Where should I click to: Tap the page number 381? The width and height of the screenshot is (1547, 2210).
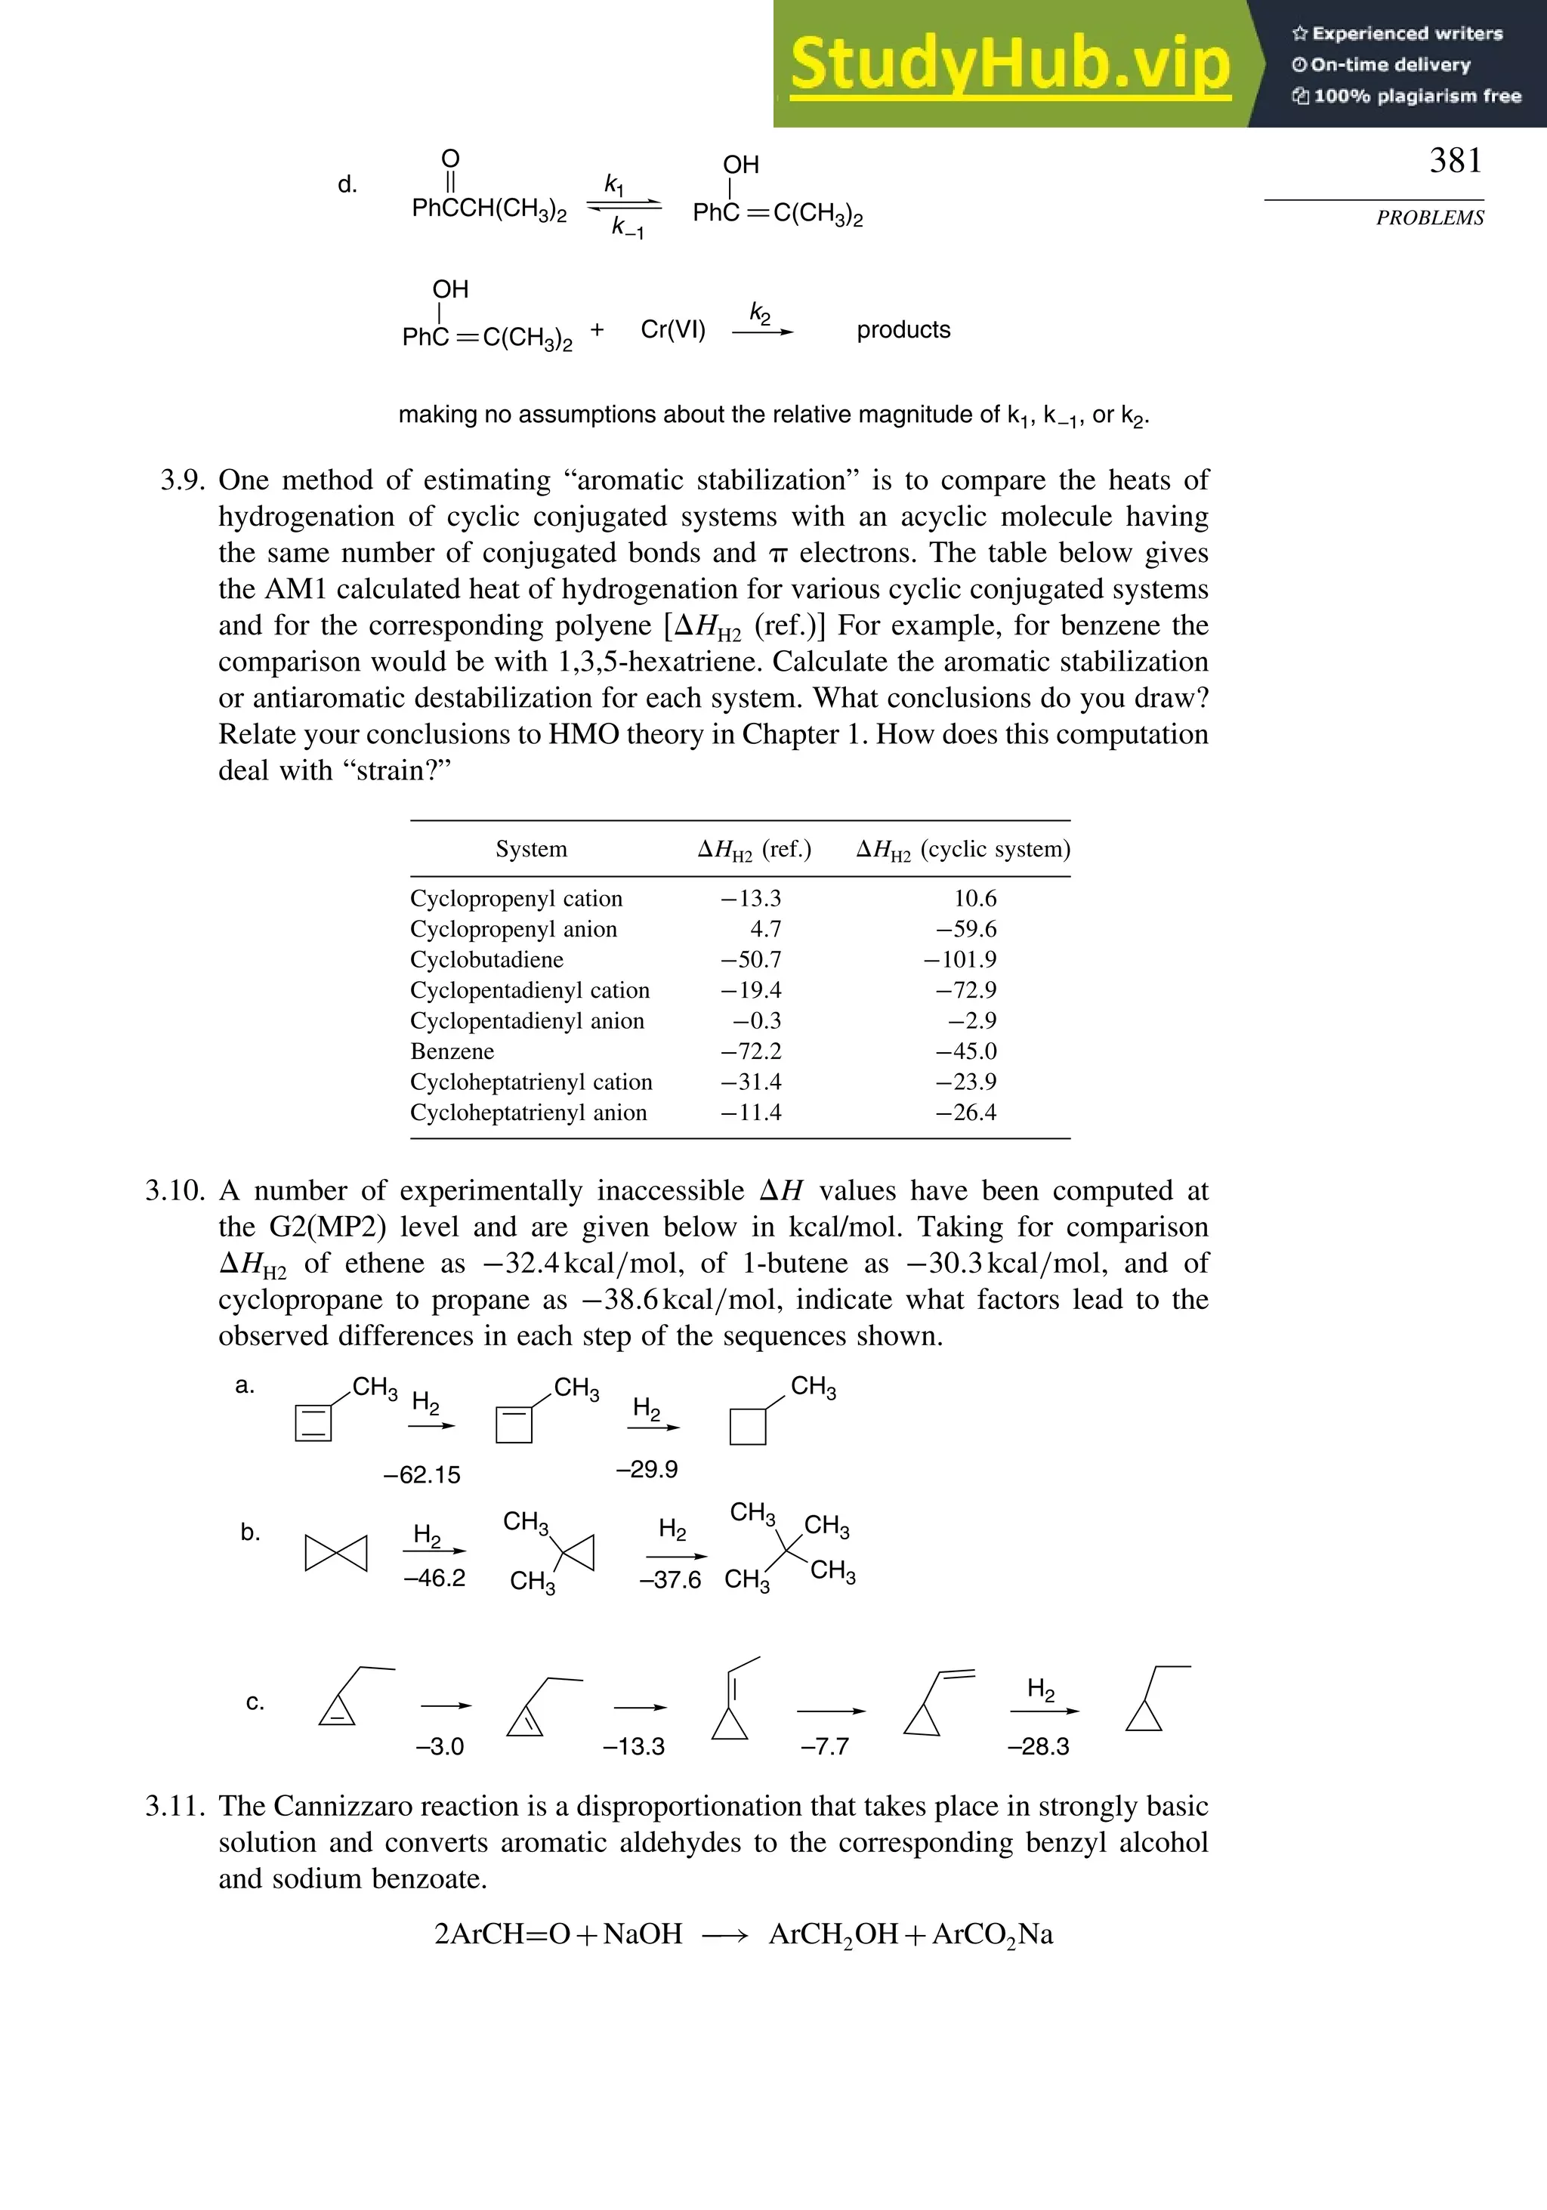click(1455, 161)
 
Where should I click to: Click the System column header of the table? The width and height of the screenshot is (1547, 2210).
click(530, 849)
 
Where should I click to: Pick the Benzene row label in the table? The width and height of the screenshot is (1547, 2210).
click(452, 1051)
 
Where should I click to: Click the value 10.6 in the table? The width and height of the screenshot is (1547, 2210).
click(974, 898)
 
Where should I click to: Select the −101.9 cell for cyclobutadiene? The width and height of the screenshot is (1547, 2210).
click(960, 960)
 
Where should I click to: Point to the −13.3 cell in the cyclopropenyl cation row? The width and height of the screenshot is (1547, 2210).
click(751, 898)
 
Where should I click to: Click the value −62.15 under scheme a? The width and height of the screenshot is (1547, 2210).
click(421, 1474)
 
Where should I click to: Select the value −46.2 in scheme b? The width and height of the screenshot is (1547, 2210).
click(434, 1578)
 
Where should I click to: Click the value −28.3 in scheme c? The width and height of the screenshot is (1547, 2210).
click(1038, 1746)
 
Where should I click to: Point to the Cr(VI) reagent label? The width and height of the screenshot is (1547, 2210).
click(673, 330)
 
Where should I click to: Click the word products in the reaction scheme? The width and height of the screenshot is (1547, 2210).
click(903, 330)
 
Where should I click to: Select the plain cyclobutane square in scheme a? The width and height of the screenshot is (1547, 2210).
click(748, 1427)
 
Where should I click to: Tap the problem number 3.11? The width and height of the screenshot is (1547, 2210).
click(175, 1807)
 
